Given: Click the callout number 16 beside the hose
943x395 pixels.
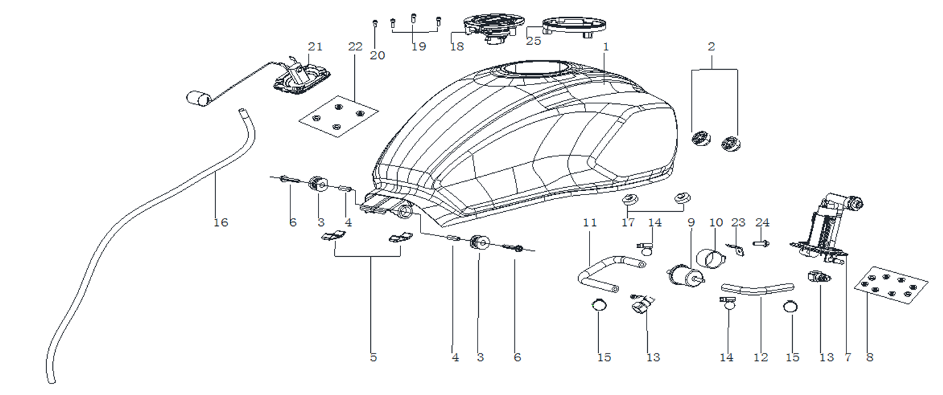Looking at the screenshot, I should point(220,223).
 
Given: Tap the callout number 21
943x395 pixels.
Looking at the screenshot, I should point(315,47).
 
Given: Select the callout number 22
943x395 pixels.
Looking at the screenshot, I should point(355,47).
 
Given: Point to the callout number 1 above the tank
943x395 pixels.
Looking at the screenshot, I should point(605,48).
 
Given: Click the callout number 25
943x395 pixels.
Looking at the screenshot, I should point(533,41).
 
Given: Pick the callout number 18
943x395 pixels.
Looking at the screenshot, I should point(457,47).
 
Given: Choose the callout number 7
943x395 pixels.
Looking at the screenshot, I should point(848,357).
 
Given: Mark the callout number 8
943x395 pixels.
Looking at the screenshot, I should point(870,357).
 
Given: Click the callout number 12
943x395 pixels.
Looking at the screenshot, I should point(760,357).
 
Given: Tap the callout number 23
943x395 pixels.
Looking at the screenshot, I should point(738,223).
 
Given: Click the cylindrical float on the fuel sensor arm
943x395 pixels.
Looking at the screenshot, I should point(197,98).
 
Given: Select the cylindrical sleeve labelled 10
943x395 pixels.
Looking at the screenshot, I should point(712,258).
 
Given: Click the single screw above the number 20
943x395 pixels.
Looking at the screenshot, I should point(374,24).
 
